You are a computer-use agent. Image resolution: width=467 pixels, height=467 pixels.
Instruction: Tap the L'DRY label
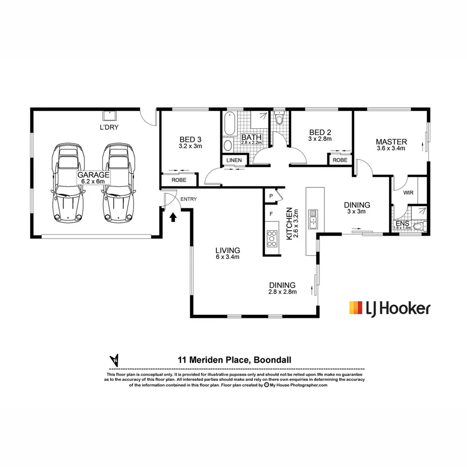[109, 127]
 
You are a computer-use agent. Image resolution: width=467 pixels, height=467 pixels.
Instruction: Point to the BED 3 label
[190, 143]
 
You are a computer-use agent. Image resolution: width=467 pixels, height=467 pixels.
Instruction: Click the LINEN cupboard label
[234, 160]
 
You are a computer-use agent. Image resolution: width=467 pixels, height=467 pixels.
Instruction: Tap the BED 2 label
[320, 135]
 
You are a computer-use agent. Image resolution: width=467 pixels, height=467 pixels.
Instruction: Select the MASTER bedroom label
[391, 145]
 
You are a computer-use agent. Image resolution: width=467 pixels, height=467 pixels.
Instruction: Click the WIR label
[409, 192]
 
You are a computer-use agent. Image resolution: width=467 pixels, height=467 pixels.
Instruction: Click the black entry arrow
[173, 217]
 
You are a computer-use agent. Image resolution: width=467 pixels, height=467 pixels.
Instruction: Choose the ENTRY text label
[189, 199]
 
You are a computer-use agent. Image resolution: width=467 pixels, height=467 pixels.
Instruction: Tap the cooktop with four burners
[272, 238]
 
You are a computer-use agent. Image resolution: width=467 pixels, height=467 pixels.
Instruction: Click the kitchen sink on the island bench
[313, 219]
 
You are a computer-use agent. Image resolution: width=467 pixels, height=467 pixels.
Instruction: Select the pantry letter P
[271, 196]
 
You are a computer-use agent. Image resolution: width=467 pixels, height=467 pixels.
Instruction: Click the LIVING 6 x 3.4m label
[228, 253]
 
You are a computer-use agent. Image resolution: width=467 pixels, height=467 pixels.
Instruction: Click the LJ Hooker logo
[389, 308]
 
